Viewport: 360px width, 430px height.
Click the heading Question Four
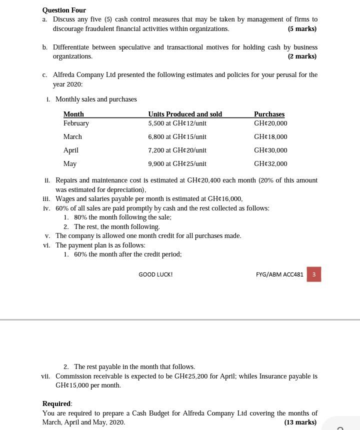click(64, 10)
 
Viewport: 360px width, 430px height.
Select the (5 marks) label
click(302, 28)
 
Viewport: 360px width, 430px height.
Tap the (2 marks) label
click(302, 56)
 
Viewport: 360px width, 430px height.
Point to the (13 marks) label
click(300, 422)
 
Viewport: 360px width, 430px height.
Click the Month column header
click(73, 114)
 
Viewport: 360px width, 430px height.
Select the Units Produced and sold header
click(185, 114)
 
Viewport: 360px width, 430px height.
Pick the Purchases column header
click(269, 114)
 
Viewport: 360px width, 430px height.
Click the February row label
click(76, 123)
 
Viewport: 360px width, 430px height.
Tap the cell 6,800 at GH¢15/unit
click(177, 136)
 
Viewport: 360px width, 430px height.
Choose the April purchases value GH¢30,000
click(270, 150)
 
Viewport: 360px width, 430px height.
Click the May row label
click(70, 163)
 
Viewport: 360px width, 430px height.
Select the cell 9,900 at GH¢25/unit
click(177, 163)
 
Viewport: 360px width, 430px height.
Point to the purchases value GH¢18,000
click(270, 136)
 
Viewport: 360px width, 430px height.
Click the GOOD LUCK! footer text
click(155, 274)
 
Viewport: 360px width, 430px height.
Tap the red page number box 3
click(313, 274)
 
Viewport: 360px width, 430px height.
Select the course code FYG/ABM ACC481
click(279, 274)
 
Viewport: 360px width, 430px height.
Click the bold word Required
click(56, 403)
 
